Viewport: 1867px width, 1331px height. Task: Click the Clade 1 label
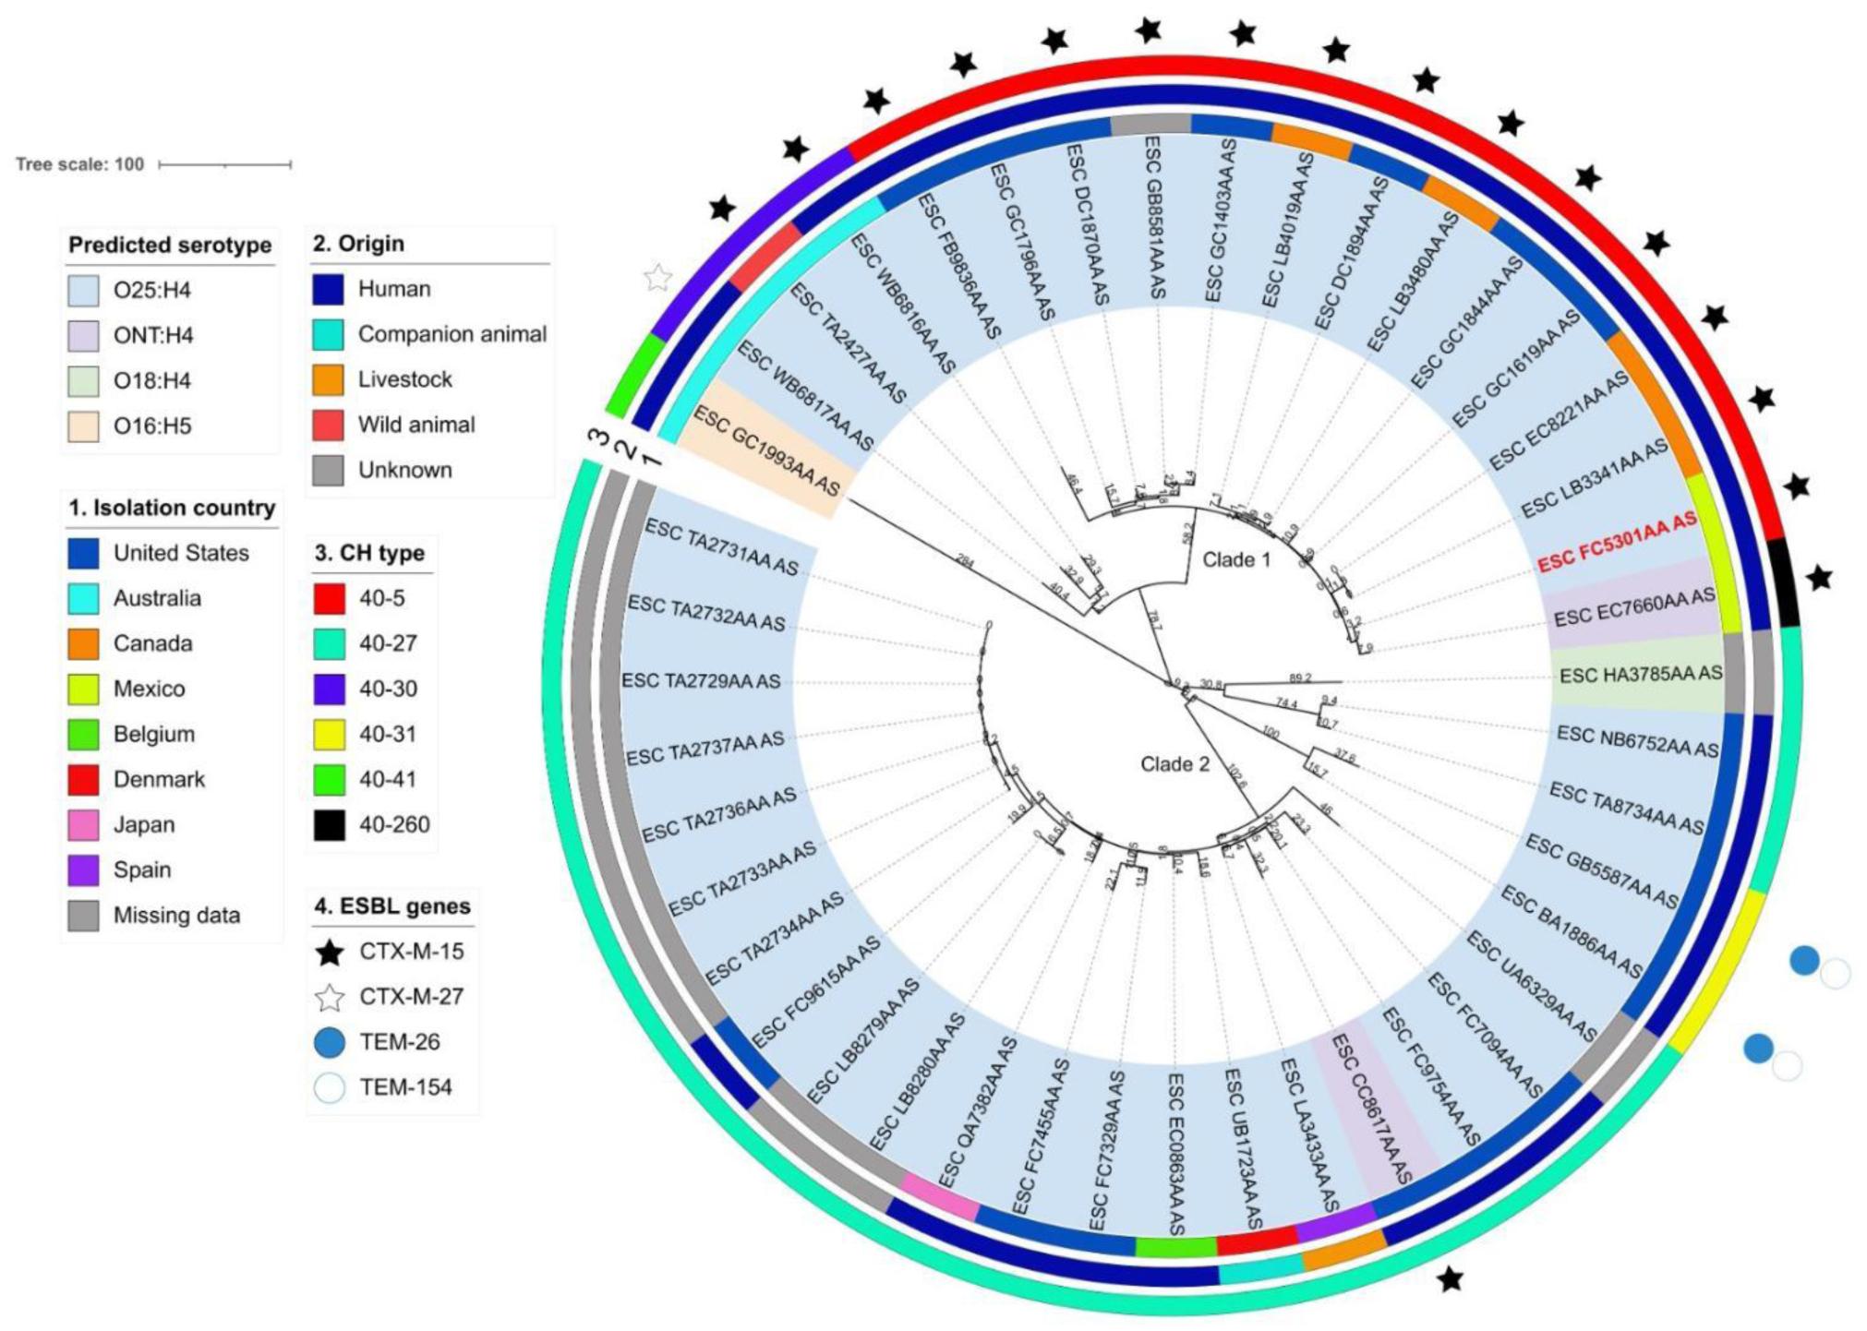click(x=1236, y=559)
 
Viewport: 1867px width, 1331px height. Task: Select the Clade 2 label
click(x=1174, y=763)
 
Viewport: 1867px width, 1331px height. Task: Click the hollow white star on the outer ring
click(x=657, y=277)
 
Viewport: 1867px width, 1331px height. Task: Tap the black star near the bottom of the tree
click(x=1451, y=1279)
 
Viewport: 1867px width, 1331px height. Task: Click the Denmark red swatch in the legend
click(x=83, y=779)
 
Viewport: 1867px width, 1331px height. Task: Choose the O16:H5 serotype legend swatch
click(x=83, y=426)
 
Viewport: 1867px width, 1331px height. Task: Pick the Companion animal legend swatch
click(x=328, y=334)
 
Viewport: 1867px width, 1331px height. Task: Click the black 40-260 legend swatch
click(x=329, y=824)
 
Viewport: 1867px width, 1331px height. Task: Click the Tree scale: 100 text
click(x=80, y=164)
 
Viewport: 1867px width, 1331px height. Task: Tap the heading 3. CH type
click(x=369, y=553)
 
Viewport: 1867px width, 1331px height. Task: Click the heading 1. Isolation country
click(x=172, y=508)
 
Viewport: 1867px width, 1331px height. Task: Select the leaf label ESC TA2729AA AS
click(x=701, y=681)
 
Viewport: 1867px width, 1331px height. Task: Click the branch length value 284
click(x=964, y=559)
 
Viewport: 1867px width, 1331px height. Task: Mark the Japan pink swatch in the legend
click(x=83, y=824)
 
